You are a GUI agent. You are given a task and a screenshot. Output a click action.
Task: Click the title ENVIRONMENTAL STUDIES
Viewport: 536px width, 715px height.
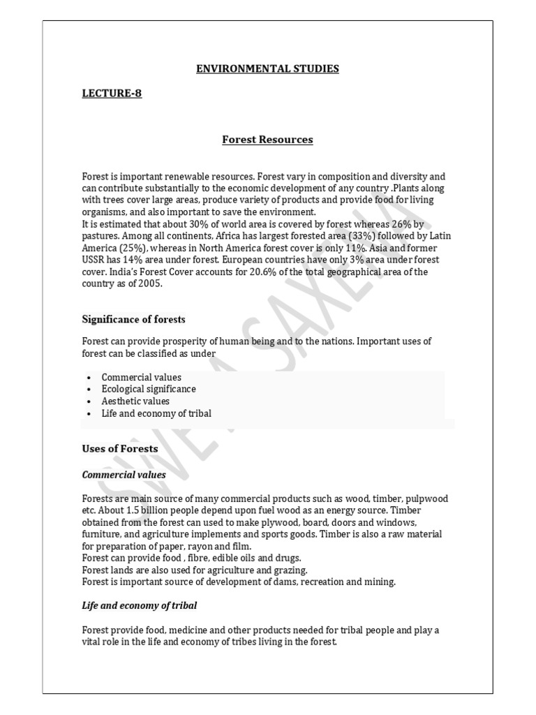[x=267, y=68]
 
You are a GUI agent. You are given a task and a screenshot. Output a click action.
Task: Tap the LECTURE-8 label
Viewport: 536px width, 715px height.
[x=112, y=93]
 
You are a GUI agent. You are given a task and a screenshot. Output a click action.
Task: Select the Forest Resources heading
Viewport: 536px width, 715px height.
[x=267, y=140]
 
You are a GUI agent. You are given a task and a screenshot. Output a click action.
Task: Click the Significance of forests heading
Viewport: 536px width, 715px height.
[x=133, y=319]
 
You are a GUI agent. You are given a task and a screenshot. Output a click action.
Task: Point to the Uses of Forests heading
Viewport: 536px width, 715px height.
[x=120, y=448]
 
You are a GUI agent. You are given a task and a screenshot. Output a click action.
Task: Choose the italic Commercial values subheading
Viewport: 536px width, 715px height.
[x=124, y=475]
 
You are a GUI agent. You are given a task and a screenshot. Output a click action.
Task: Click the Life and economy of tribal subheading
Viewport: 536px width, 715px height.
[x=144, y=605]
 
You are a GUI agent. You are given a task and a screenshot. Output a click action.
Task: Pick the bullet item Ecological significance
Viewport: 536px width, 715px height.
[x=149, y=389]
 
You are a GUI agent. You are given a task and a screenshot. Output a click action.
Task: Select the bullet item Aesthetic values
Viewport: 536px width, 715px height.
[x=135, y=401]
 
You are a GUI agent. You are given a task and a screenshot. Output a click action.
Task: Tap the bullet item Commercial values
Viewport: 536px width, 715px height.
[x=141, y=377]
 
